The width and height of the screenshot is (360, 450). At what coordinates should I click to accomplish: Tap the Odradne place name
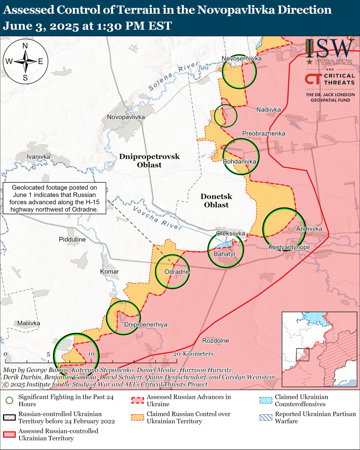click(177, 271)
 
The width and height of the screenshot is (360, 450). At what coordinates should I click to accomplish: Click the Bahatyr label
click(224, 254)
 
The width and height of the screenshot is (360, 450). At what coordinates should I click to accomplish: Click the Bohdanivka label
click(239, 161)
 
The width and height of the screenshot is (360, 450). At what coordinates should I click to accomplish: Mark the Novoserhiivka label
click(241, 58)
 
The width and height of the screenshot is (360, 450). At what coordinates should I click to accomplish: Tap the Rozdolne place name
click(215, 341)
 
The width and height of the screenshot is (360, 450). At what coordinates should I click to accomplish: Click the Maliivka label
click(29, 323)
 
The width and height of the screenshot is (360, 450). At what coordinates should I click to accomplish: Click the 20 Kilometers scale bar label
click(193, 354)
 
